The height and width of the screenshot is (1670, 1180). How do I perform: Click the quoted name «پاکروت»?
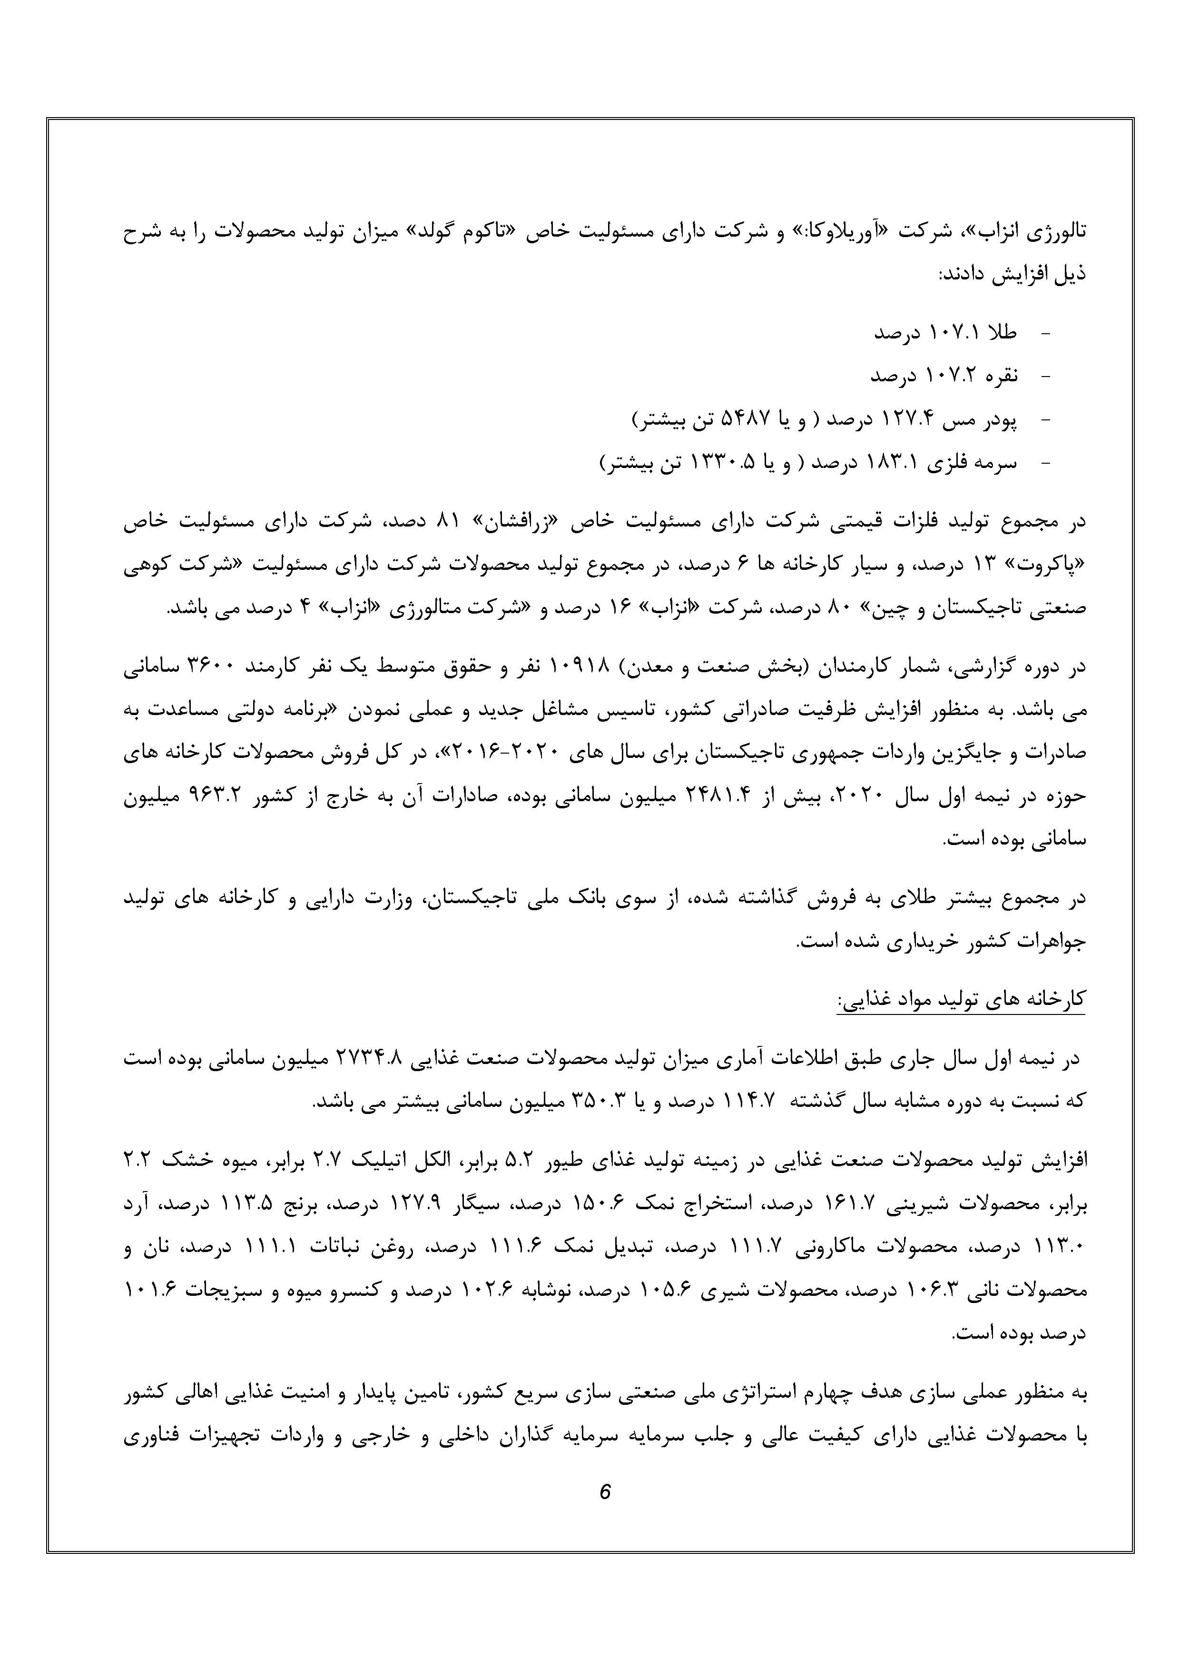click(x=1052, y=565)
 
